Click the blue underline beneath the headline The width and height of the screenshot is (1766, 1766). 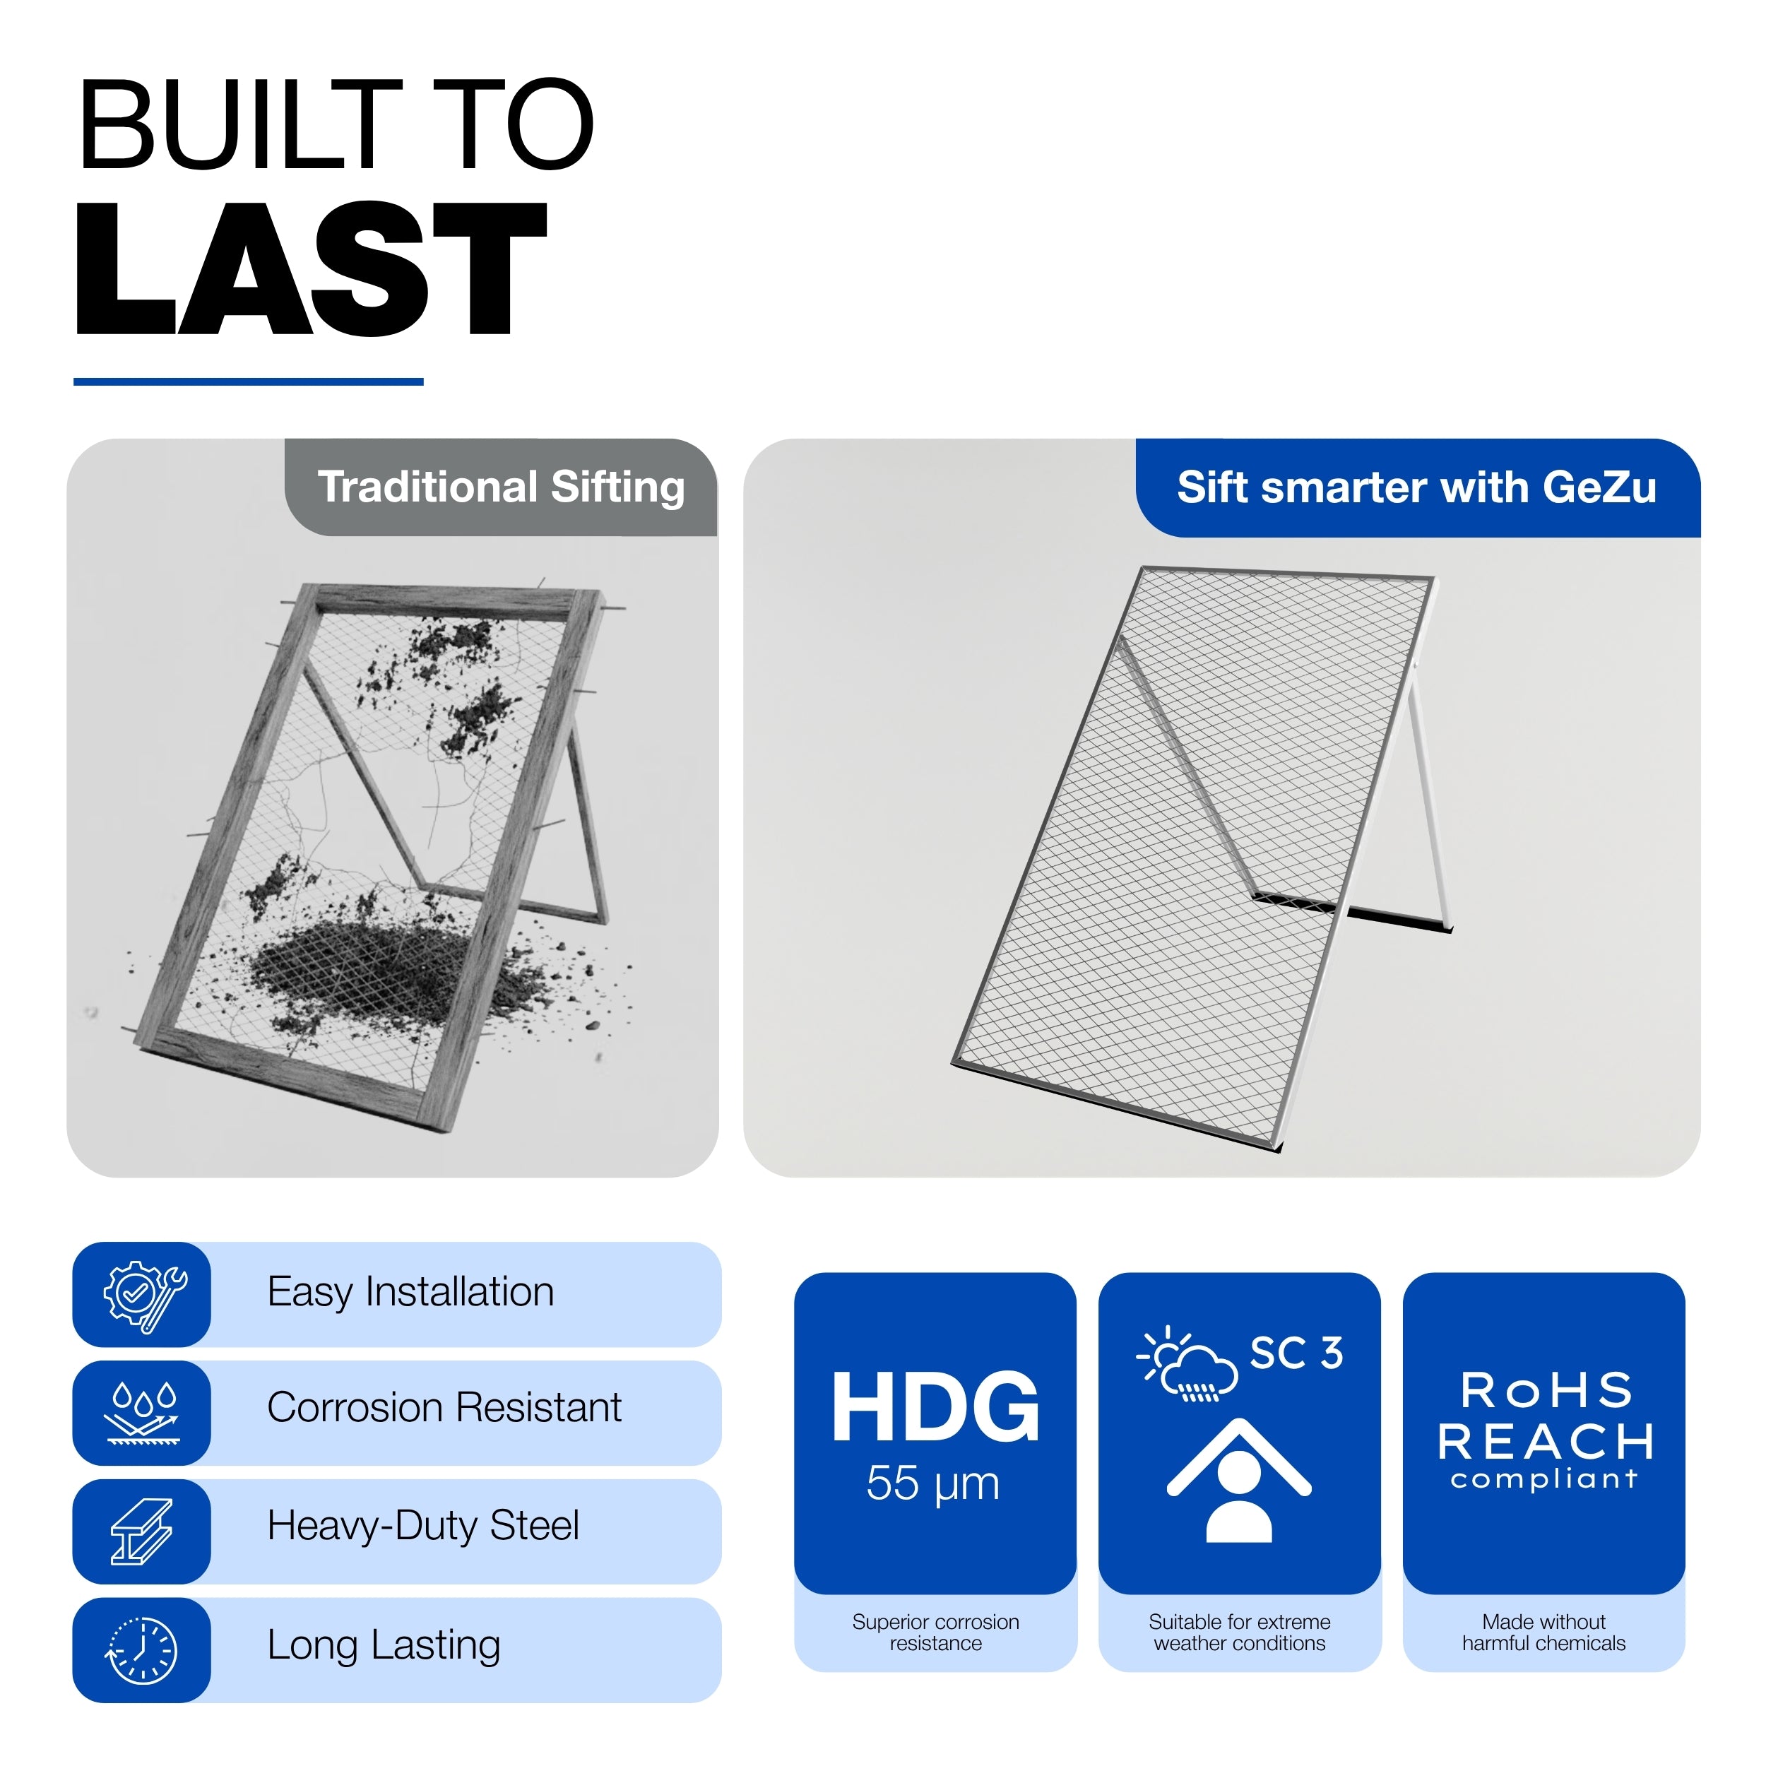249,381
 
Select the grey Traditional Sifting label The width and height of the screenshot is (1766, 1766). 501,487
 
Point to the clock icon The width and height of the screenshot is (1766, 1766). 143,1651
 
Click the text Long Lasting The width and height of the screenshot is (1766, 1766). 384,1645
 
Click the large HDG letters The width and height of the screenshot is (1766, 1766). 935,1408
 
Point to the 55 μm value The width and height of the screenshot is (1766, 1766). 933,1483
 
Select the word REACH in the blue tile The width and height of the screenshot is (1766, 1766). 1545,1442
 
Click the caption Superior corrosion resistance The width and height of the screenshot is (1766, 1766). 935,1632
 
